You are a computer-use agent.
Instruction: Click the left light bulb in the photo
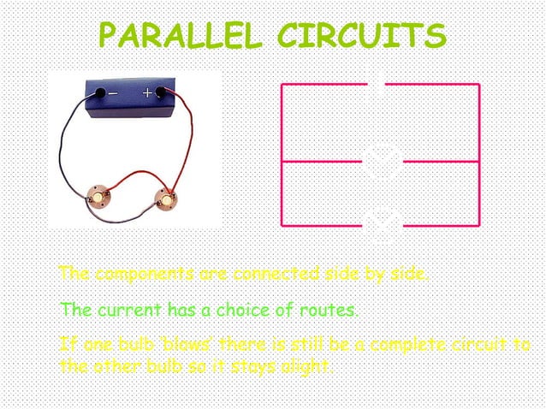coord(101,198)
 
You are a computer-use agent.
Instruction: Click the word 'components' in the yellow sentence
coord(143,275)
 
